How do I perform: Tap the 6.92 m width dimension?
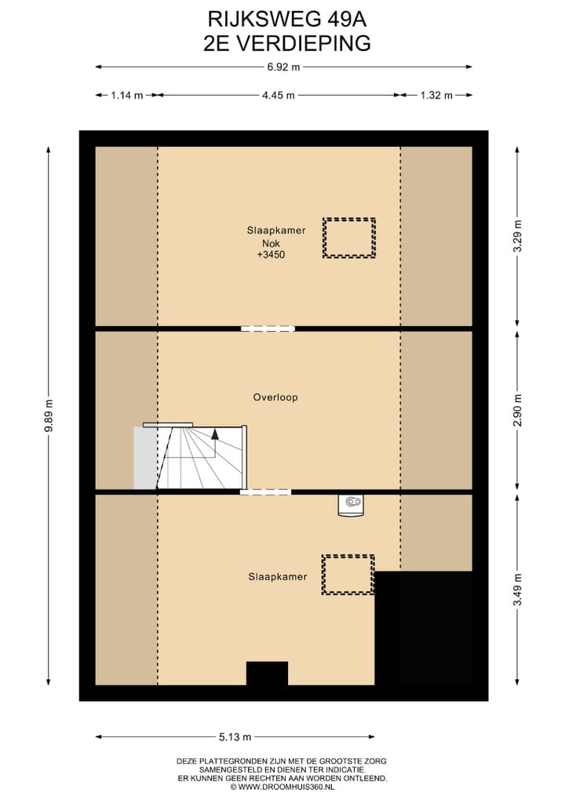[283, 68]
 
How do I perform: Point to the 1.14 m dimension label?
[126, 96]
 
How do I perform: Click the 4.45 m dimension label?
[278, 96]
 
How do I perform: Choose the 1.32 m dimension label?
[436, 96]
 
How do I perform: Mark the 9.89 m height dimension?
[49, 415]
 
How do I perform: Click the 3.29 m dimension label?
[516, 236]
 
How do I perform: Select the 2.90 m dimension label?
[516, 410]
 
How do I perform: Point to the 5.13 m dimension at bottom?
[235, 737]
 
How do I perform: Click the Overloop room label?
[275, 397]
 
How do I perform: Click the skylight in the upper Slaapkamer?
[348, 238]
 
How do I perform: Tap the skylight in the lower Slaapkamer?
[348, 575]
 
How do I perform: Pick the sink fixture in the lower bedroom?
[352, 505]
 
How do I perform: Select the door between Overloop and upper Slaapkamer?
[268, 328]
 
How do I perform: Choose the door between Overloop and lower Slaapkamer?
[265, 492]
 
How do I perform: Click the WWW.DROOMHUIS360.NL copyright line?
[282, 786]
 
